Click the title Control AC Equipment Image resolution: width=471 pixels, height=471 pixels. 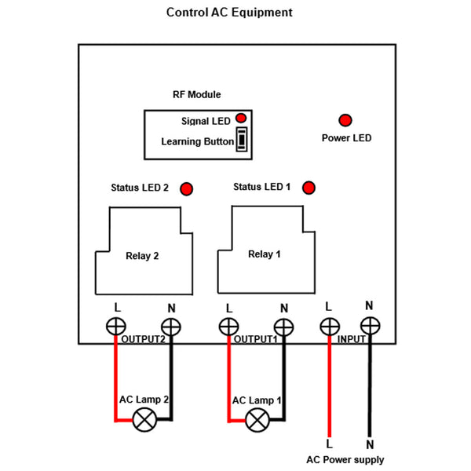pyautogui.click(x=229, y=13)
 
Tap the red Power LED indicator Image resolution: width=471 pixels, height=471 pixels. pyautogui.click(x=345, y=120)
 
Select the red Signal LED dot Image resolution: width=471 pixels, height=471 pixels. pyautogui.click(x=240, y=118)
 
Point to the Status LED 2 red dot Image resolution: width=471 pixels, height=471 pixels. pyautogui.click(x=187, y=188)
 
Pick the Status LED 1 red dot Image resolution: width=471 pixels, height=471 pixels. pyautogui.click(x=309, y=188)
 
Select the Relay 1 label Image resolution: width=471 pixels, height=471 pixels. pyautogui.click(x=264, y=254)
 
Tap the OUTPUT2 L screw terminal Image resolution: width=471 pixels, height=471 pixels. pyautogui.click(x=116, y=326)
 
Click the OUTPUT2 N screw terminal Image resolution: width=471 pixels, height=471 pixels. pyautogui.click(x=170, y=326)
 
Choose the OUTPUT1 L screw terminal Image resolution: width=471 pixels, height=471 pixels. pyautogui.click(x=228, y=326)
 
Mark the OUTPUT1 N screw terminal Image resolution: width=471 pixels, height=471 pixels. pyautogui.click(x=283, y=326)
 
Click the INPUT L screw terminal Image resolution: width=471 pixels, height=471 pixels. pyautogui.click(x=328, y=325)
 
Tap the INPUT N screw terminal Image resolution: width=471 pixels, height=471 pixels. pyautogui.click(x=369, y=325)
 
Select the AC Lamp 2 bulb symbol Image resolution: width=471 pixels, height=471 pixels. pyautogui.click(x=144, y=421)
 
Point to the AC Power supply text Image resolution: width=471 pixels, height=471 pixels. pyautogui.click(x=345, y=460)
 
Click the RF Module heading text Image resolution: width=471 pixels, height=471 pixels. pyautogui.click(x=197, y=94)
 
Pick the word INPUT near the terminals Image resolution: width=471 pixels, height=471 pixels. pyautogui.click(x=352, y=340)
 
